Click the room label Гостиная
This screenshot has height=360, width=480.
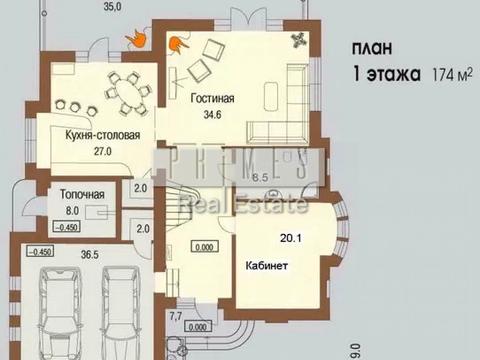click(x=211, y=100)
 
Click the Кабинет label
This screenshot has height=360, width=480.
click(x=268, y=268)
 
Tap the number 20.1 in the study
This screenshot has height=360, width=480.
click(x=289, y=237)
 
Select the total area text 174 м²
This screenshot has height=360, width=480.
click(x=451, y=75)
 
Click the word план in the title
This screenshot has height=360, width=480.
click(x=372, y=47)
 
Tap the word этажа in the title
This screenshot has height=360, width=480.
click(x=394, y=74)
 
